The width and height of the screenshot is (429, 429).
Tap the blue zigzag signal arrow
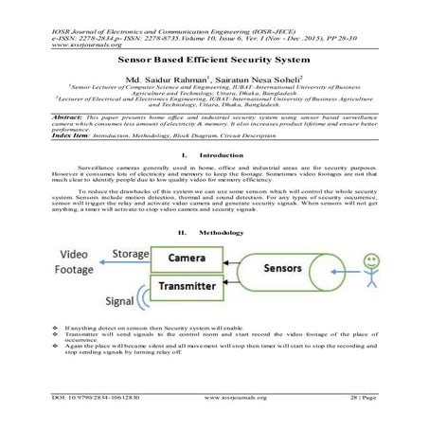click(x=142, y=295)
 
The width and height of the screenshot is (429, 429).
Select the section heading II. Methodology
click(x=215, y=230)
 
